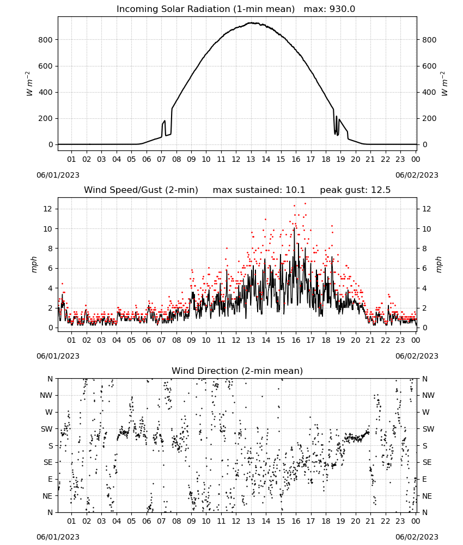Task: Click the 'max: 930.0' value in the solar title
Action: (330, 9)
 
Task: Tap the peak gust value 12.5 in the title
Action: (381, 190)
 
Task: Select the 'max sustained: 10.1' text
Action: (259, 190)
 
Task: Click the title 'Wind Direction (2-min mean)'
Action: (237, 371)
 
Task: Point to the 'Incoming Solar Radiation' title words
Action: (173, 9)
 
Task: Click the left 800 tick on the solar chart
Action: (45, 40)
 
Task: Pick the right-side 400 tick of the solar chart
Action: (429, 93)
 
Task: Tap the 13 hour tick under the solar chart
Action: (251, 159)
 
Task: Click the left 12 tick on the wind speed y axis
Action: (48, 209)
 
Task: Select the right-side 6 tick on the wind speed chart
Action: (424, 268)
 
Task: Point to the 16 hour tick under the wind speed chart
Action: (296, 340)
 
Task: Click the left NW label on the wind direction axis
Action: (46, 396)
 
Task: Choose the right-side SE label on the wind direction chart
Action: (427, 462)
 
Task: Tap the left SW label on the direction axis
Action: (47, 429)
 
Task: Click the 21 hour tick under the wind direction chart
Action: (370, 521)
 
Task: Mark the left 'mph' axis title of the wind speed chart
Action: (34, 264)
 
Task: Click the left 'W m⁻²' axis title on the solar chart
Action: (29, 84)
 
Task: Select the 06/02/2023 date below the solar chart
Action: (417, 175)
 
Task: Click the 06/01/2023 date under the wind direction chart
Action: (58, 537)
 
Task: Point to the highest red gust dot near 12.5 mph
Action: (306, 204)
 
